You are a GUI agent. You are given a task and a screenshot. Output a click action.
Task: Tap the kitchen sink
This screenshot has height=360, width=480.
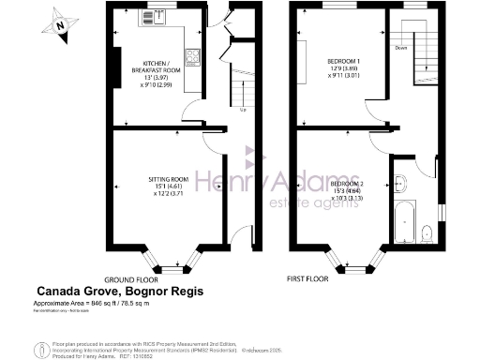coord(152,17)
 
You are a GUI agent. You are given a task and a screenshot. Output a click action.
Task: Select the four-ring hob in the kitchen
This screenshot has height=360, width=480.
coord(193,57)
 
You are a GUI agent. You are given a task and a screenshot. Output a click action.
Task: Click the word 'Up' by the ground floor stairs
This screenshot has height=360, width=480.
coord(244,111)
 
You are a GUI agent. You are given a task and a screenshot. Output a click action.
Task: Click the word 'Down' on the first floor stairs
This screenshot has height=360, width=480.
coord(400,47)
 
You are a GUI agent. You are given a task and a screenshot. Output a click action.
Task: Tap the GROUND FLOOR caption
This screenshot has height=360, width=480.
coord(129,279)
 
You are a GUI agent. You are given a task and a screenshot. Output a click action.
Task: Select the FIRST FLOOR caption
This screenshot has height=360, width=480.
coord(308,279)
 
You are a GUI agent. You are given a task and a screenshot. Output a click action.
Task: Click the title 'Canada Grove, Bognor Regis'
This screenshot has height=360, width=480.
coord(119,292)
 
